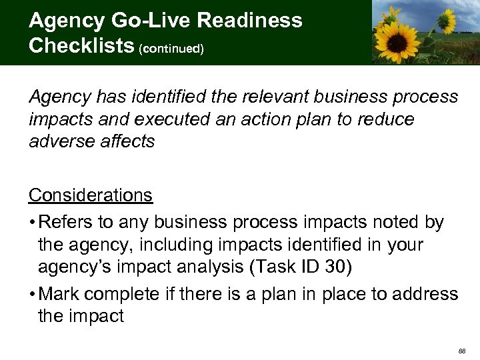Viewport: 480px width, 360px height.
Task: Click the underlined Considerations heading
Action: click(91, 195)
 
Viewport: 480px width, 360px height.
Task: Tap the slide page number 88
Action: click(462, 350)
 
